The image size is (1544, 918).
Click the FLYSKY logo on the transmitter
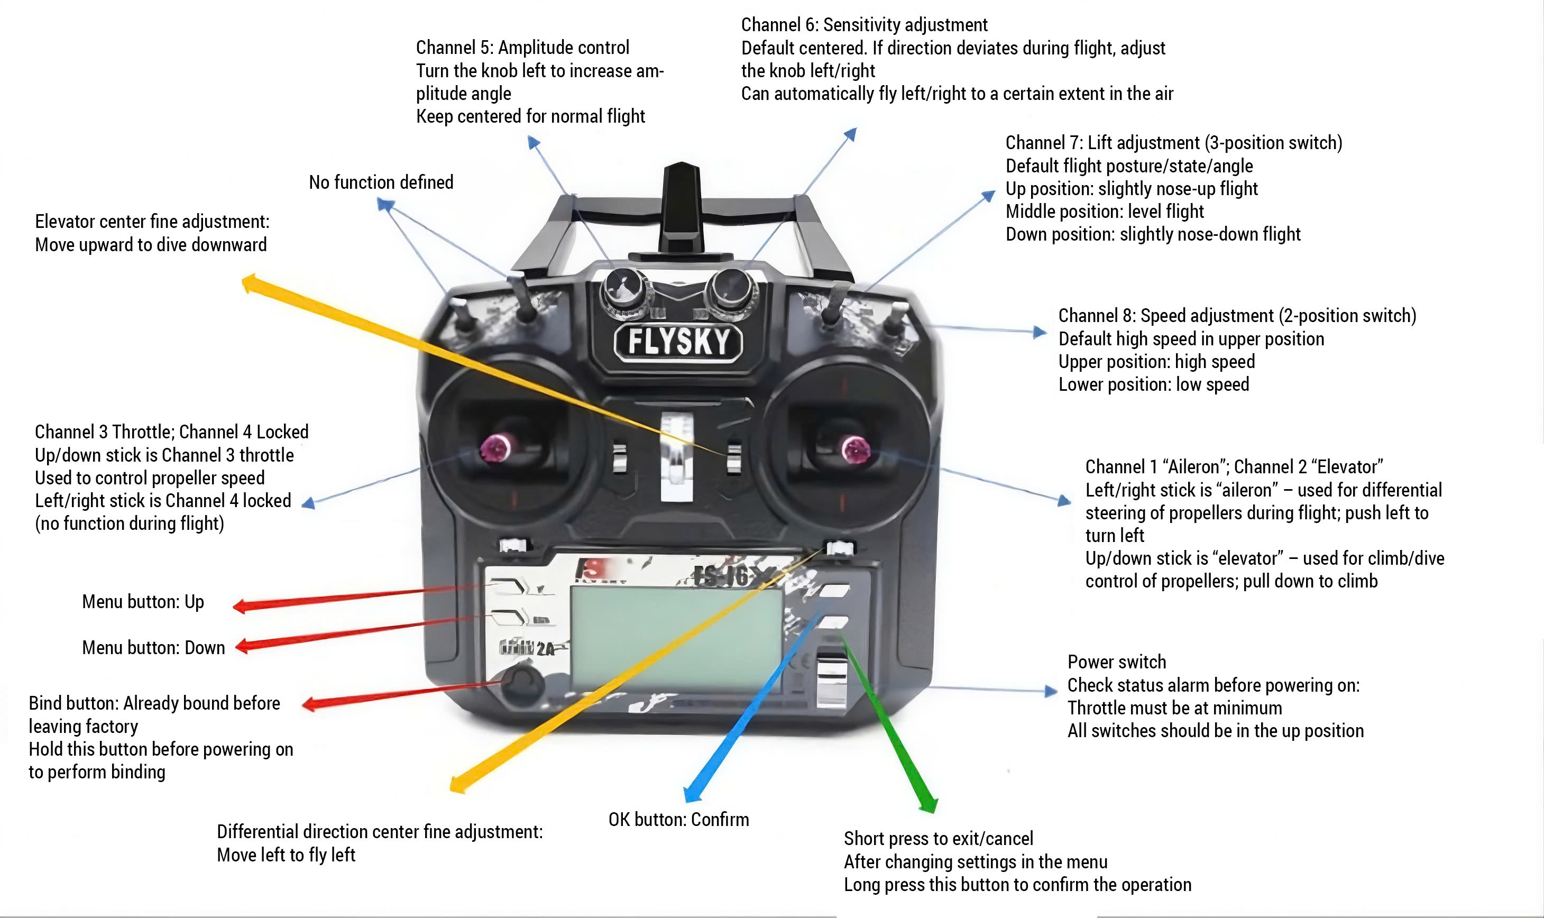click(x=678, y=342)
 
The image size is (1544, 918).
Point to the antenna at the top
click(x=682, y=204)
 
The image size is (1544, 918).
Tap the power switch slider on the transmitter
click(x=830, y=677)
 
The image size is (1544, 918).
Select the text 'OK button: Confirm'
click(x=678, y=820)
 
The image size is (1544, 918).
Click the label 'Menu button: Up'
click(x=143, y=602)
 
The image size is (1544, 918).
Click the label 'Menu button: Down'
click(x=153, y=648)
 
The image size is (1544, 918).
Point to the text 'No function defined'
click(x=381, y=182)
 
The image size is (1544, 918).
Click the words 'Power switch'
click(x=1117, y=663)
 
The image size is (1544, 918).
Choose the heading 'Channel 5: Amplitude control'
click(x=523, y=48)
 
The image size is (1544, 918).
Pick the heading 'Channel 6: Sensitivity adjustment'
click(x=864, y=25)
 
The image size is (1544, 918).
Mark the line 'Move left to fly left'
click(x=286, y=855)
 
